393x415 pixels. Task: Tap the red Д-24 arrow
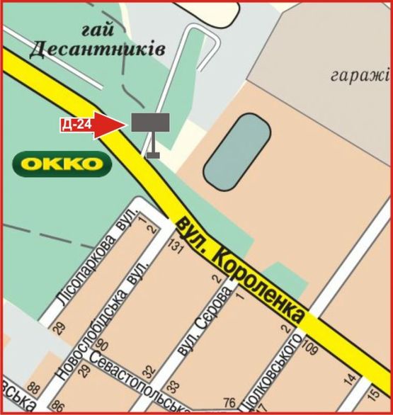[91, 125]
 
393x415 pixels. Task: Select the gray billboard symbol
[149, 122]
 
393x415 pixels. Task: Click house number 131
[175, 245]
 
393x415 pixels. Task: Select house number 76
[229, 403]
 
